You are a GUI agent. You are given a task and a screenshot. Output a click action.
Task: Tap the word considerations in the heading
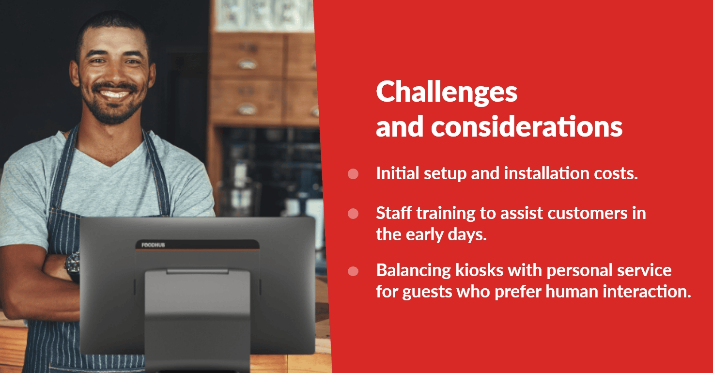527,126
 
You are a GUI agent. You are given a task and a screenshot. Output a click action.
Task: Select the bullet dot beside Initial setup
353,174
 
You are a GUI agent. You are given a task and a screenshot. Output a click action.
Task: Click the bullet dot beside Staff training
353,214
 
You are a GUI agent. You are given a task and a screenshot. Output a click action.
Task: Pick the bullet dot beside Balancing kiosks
353,271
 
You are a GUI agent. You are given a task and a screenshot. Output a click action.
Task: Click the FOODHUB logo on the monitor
153,245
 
